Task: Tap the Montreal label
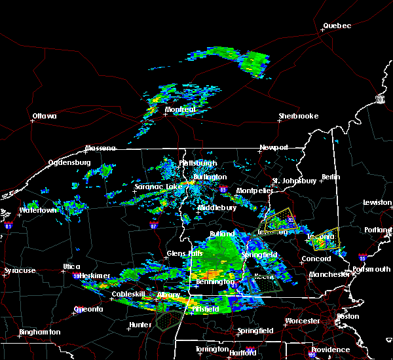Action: point(180,110)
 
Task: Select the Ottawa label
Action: point(45,117)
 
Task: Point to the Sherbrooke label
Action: point(298,117)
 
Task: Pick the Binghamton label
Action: point(39,332)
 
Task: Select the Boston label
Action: point(347,317)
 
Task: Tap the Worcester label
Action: point(302,321)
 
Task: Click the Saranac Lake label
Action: point(155,187)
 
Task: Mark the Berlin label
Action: point(332,177)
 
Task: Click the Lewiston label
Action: point(377,203)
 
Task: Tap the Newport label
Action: point(273,148)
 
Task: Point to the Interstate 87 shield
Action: point(153,224)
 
